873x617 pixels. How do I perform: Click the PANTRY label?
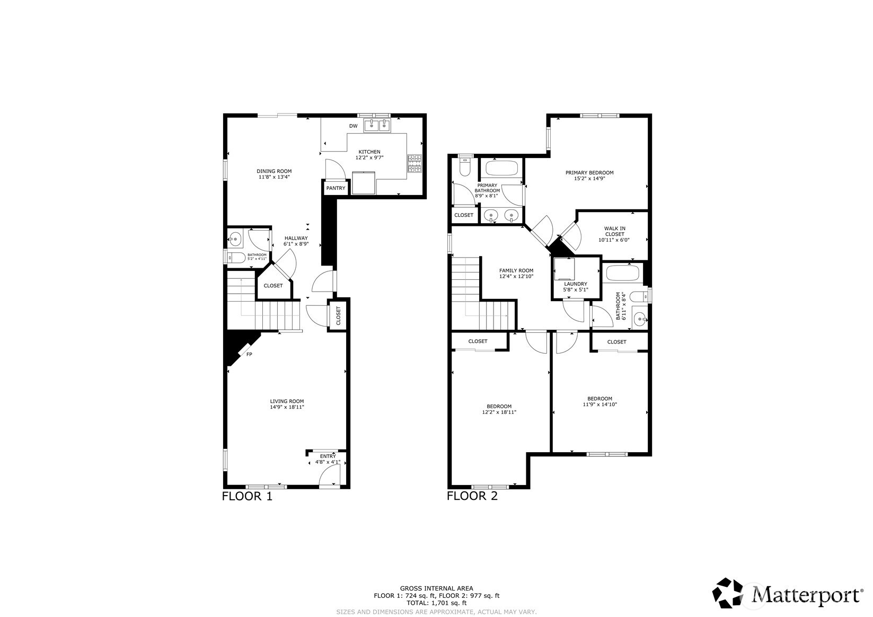pyautogui.click(x=336, y=188)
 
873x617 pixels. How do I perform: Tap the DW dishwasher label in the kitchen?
pyautogui.click(x=353, y=126)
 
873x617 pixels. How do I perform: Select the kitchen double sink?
pyautogui.click(x=377, y=126)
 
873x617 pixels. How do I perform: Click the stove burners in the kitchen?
pyautogui.click(x=415, y=163)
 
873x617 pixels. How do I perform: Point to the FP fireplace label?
pyautogui.click(x=249, y=354)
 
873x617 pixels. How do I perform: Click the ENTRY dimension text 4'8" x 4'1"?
pyautogui.click(x=328, y=462)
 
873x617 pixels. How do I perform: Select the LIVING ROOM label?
pyautogui.click(x=287, y=401)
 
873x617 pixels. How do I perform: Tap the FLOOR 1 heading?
pyautogui.click(x=246, y=497)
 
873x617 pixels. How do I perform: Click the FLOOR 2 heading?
pyautogui.click(x=472, y=497)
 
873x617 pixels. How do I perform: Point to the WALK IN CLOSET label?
pyautogui.click(x=614, y=231)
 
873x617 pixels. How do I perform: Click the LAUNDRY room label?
pyautogui.click(x=575, y=284)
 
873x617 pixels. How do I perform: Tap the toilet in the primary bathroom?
pyautogui.click(x=465, y=168)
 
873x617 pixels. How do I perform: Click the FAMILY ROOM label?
pyautogui.click(x=516, y=271)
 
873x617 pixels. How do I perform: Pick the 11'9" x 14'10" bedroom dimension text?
pyautogui.click(x=599, y=404)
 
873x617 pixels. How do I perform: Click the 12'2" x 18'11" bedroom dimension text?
pyautogui.click(x=499, y=412)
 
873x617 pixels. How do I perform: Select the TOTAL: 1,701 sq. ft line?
pyautogui.click(x=436, y=603)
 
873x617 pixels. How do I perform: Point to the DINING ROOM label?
pyautogui.click(x=274, y=171)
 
